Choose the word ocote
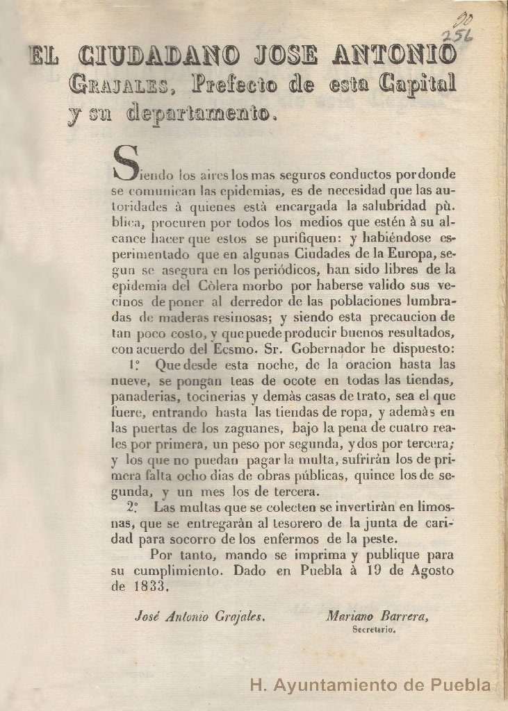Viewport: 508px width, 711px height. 274,380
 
